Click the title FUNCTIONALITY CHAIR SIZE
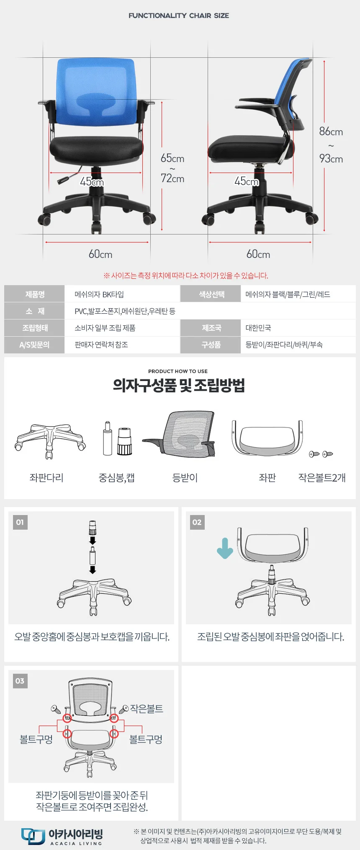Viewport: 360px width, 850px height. click(x=179, y=15)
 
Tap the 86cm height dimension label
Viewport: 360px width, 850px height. click(x=331, y=131)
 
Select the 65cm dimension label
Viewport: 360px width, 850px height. click(x=172, y=158)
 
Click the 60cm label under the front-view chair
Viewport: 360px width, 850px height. click(x=100, y=254)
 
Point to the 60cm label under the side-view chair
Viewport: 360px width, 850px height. click(x=258, y=254)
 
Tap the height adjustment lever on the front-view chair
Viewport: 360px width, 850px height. click(x=69, y=176)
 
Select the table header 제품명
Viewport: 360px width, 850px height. click(x=35, y=294)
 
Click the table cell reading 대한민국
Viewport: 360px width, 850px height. click(x=258, y=328)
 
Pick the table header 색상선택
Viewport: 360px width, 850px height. click(x=211, y=294)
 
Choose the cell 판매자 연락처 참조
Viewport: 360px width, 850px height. click(x=101, y=345)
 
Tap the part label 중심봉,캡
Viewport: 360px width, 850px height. click(x=116, y=478)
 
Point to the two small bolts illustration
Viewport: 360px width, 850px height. click(x=321, y=454)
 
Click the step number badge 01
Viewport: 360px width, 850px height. click(x=20, y=522)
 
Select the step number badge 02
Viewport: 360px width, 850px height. click(x=197, y=522)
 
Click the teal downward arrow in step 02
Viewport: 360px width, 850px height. click(x=225, y=549)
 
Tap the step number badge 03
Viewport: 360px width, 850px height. click(x=20, y=681)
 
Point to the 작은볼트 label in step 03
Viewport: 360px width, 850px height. click(x=147, y=708)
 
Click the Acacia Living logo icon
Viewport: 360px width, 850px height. click(x=33, y=836)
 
